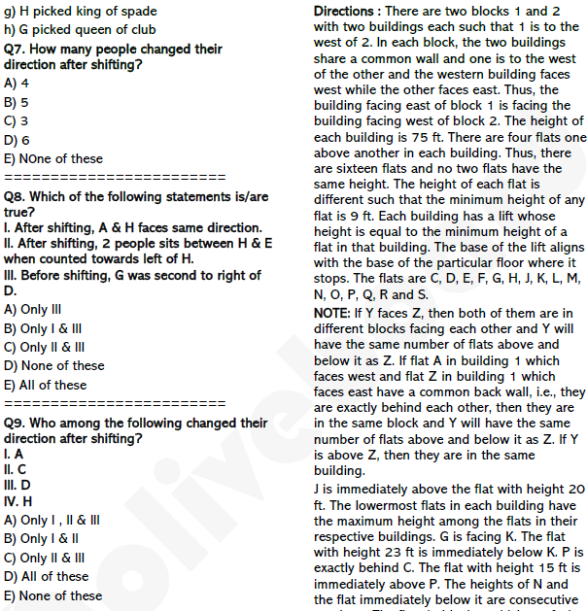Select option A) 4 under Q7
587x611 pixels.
[x=17, y=84]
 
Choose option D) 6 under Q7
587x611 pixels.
[x=17, y=140]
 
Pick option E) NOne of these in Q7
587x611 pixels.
[x=52, y=158]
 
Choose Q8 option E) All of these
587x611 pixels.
[x=45, y=385]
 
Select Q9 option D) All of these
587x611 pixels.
[x=46, y=576]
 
